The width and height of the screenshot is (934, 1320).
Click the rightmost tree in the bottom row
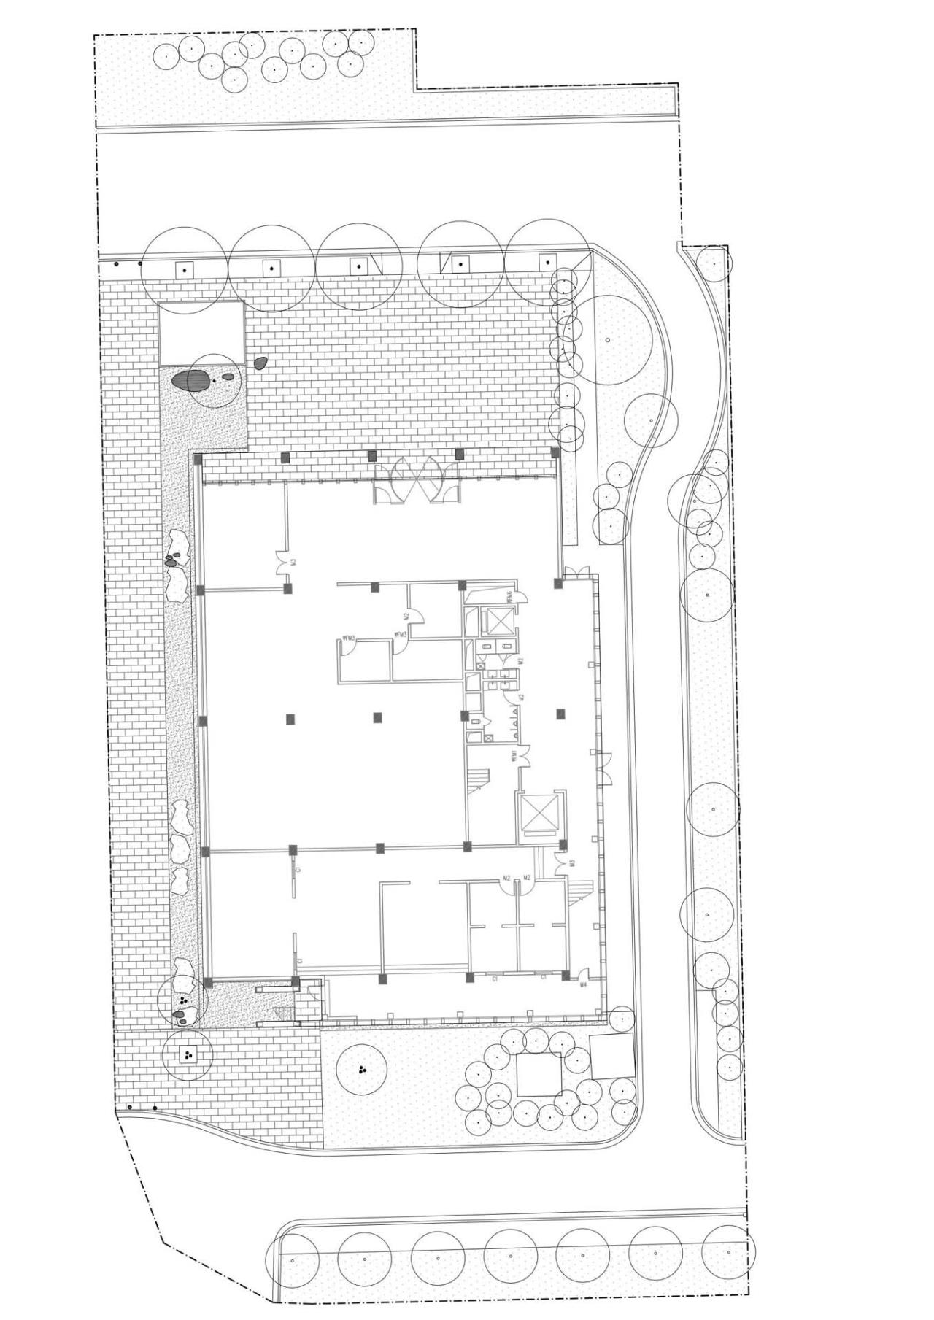click(x=728, y=1252)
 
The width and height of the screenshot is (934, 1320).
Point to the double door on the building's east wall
click(x=606, y=763)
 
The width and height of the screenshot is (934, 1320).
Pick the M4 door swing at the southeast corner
click(x=584, y=973)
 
